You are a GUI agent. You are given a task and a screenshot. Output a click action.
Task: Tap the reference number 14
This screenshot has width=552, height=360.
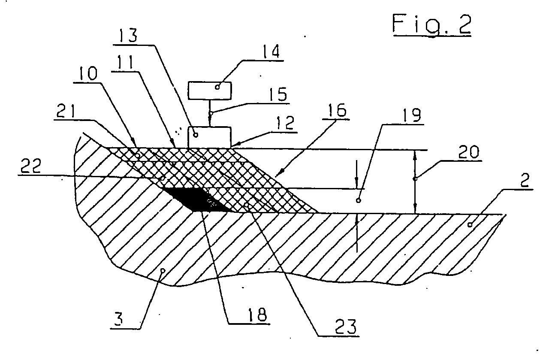(x=271, y=53)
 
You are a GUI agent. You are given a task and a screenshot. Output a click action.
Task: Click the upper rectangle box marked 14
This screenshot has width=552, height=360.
(x=210, y=90)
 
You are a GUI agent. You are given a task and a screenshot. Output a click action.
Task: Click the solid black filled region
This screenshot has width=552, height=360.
(x=193, y=200)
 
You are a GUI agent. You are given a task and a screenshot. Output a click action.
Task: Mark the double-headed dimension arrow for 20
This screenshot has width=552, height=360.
(x=415, y=181)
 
